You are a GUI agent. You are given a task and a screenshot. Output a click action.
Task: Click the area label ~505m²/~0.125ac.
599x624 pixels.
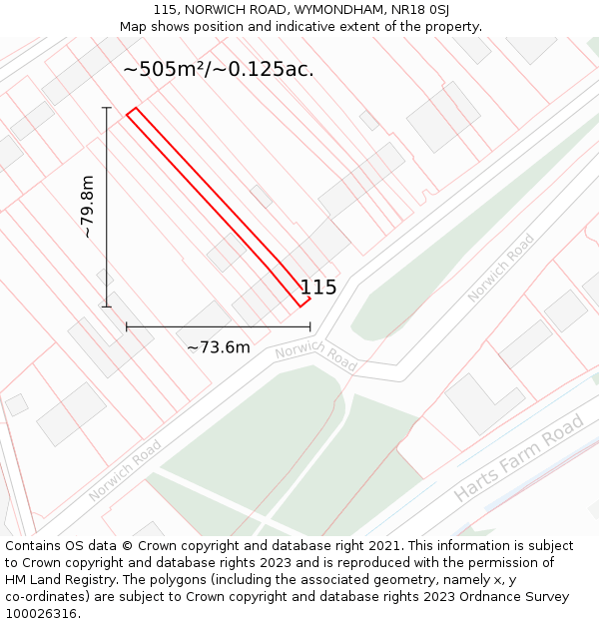pos(218,69)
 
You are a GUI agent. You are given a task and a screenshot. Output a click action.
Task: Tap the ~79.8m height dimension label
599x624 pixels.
pos(88,207)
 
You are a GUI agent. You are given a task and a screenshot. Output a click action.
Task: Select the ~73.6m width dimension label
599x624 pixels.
pos(219,347)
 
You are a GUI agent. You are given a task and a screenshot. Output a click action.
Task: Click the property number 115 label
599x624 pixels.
pos(318,288)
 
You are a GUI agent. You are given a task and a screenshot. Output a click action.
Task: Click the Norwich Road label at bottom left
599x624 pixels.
pos(124,472)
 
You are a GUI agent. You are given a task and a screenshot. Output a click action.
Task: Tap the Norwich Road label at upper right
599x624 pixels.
pos(501,268)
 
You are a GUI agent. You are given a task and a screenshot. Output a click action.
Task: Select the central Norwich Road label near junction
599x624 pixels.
pos(315,355)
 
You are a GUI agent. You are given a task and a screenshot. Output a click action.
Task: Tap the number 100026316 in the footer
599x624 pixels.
pos(39,614)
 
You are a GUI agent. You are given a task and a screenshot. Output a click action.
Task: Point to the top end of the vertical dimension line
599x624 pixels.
pos(107,107)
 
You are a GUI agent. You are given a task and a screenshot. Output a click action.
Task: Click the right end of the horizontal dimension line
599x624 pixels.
pos(309,326)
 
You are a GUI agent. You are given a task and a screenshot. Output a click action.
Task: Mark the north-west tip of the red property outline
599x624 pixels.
pos(129,114)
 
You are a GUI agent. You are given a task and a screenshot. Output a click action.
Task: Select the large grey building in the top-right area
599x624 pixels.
pos(443,117)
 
